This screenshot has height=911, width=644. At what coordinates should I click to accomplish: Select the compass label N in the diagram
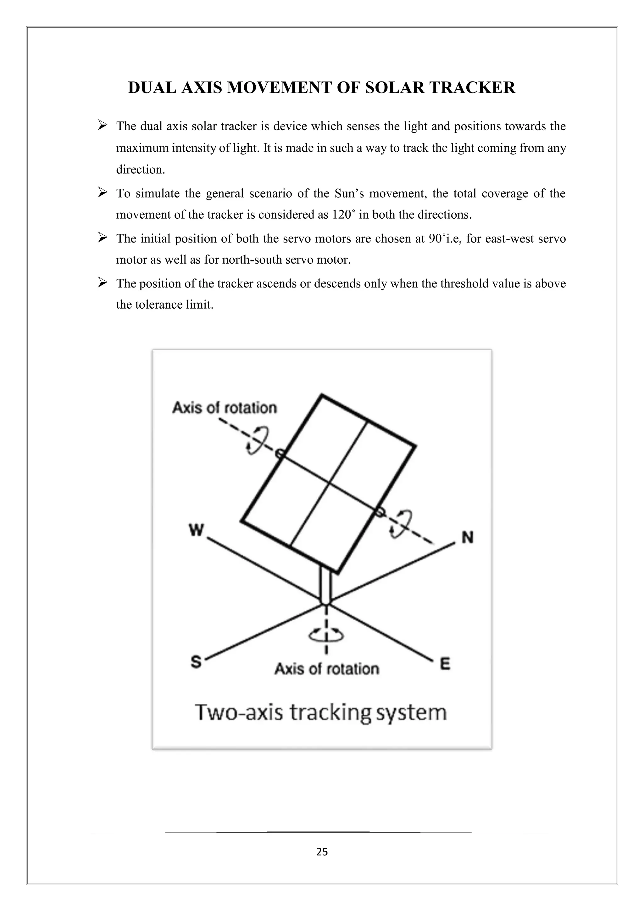(468, 538)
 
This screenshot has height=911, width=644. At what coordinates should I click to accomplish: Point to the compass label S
(196, 662)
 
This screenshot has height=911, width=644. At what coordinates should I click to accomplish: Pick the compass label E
(445, 663)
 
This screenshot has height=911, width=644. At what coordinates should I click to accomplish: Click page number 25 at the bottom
(322, 852)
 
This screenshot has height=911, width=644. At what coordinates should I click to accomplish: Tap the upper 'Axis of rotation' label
(225, 408)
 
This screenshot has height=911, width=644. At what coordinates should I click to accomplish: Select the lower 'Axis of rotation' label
(327, 669)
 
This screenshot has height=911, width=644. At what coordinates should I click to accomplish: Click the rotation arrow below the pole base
(326, 636)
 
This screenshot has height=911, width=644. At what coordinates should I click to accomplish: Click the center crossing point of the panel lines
(330, 483)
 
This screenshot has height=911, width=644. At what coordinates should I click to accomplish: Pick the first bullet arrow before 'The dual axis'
(103, 126)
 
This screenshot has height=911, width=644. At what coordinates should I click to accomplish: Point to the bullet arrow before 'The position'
(103, 283)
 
